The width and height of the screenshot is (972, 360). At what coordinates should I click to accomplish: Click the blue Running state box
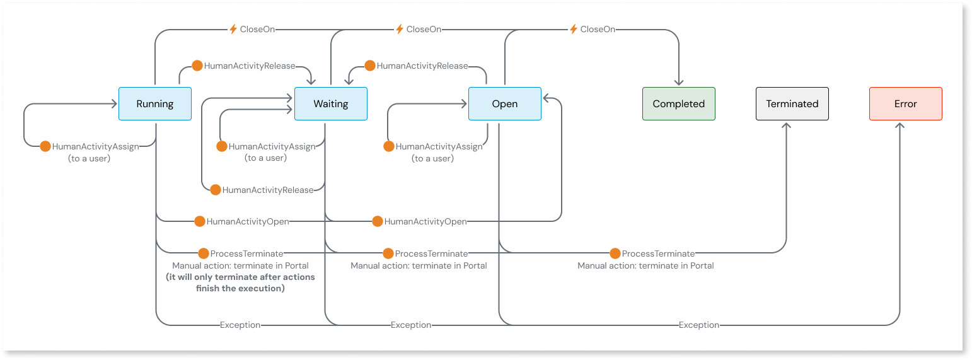click(154, 104)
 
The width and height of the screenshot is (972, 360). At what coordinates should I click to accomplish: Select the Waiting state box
click(330, 104)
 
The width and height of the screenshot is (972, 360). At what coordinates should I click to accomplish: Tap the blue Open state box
click(504, 104)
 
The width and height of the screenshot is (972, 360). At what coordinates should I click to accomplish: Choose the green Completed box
click(678, 104)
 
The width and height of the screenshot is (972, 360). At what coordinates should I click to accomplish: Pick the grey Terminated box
click(792, 104)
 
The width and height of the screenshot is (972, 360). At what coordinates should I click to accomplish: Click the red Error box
click(905, 104)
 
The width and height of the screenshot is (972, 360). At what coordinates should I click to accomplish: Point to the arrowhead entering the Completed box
click(679, 83)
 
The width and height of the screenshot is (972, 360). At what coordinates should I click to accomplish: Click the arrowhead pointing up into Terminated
click(787, 125)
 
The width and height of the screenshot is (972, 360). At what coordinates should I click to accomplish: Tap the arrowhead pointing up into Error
click(900, 125)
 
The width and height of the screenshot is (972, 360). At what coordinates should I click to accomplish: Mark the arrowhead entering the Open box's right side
click(546, 98)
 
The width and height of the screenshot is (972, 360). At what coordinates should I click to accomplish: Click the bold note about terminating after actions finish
click(240, 282)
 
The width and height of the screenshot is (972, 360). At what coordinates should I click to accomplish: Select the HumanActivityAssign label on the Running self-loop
click(95, 146)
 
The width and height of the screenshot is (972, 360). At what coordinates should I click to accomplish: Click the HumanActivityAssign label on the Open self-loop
click(439, 146)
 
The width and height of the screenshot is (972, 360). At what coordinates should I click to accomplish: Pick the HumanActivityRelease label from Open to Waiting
click(422, 66)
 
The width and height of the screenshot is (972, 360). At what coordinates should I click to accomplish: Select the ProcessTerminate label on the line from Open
click(658, 253)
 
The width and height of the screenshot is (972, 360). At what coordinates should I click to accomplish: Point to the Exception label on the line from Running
click(240, 325)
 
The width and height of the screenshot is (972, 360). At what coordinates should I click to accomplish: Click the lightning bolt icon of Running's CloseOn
click(233, 29)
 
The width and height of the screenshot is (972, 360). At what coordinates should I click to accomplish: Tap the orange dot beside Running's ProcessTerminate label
click(203, 253)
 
